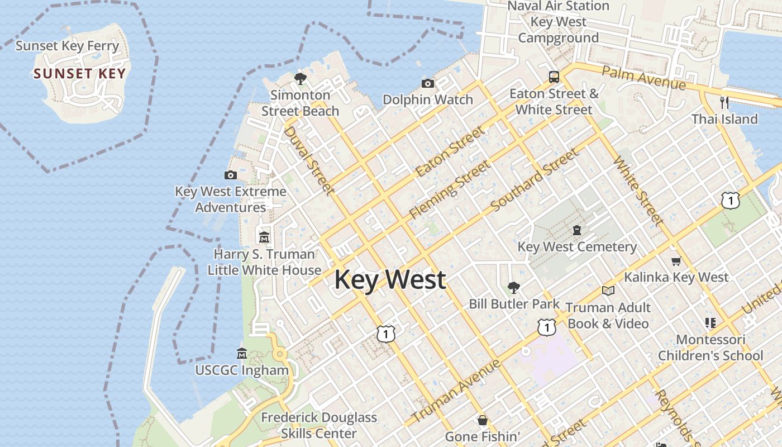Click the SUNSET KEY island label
[x=79, y=74]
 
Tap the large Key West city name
[x=390, y=279]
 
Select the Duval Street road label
[x=309, y=160]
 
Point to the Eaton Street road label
[x=450, y=152]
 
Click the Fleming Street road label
[x=450, y=189]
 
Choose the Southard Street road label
[x=534, y=180]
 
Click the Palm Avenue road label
[x=643, y=78]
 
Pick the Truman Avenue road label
[x=455, y=392]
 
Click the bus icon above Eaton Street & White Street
[x=554, y=77]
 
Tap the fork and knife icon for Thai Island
[x=724, y=103]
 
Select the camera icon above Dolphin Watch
[x=427, y=84]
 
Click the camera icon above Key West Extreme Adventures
[x=230, y=175]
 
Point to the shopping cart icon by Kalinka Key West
[x=676, y=261]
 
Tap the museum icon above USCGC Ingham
[x=242, y=354]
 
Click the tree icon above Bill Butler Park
[x=514, y=288]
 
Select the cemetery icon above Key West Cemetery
[x=577, y=230]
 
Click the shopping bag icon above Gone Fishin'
[x=483, y=420]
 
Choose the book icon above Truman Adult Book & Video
[x=608, y=291]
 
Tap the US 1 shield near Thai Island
[x=730, y=201]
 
